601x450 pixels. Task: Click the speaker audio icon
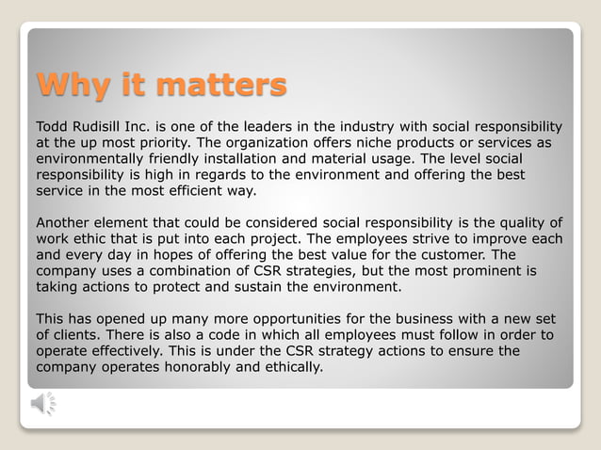point(43,404)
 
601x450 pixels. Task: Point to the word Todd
point(52,126)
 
